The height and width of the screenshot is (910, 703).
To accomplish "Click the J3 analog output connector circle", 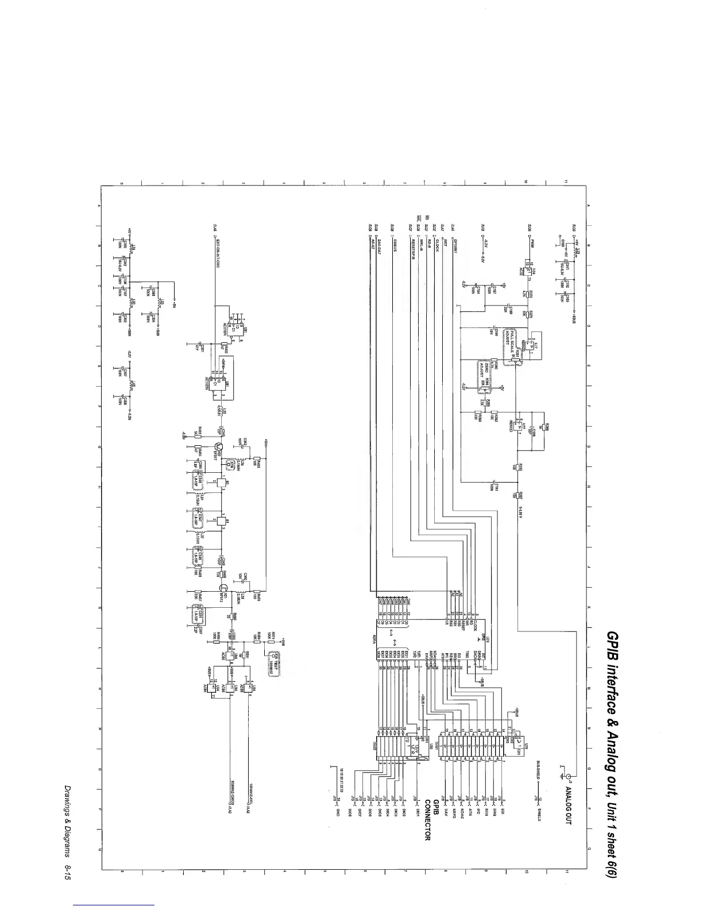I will click(564, 770).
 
